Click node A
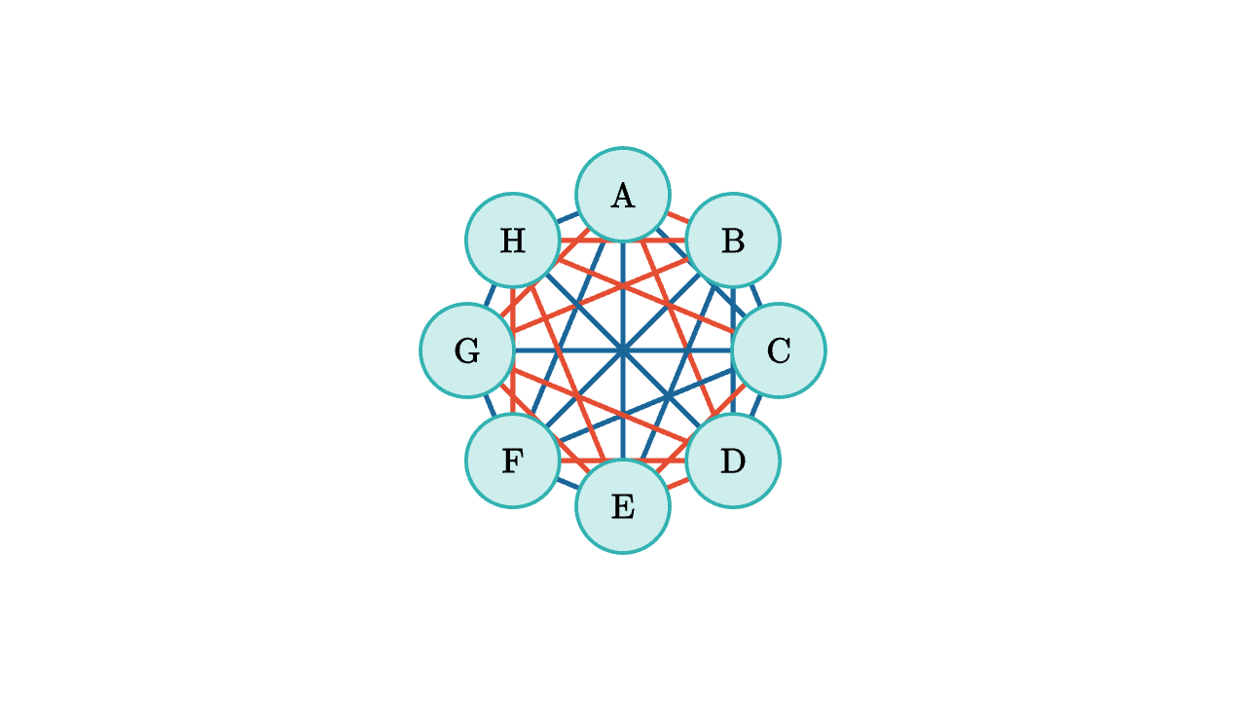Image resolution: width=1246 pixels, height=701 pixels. [623, 195]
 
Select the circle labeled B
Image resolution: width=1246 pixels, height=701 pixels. [733, 240]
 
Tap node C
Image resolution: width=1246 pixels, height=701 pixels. [779, 350]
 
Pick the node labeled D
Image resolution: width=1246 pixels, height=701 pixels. [733, 461]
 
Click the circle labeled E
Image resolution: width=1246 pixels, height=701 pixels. [623, 506]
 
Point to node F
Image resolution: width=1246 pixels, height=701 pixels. [513, 461]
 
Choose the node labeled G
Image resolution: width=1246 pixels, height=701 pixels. [467, 350]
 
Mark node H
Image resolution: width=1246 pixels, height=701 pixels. [513, 240]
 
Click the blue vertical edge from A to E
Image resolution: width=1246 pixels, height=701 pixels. [623, 350]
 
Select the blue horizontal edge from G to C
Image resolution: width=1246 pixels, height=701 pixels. [623, 350]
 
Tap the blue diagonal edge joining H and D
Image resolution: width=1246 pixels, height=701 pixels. [623, 350]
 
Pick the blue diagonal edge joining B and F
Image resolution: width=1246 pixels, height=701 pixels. [623, 350]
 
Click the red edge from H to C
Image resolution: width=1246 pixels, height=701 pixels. [645, 295]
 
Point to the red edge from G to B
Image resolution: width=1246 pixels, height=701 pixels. [601, 295]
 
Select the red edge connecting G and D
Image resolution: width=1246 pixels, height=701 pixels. [601, 406]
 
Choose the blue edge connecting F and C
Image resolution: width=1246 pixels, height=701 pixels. [645, 406]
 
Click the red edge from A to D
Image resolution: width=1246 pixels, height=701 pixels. [678, 328]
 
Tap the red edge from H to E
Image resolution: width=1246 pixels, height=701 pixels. [568, 373]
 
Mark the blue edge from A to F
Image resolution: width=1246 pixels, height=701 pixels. [568, 328]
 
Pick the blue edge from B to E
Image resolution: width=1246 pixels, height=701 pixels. [678, 373]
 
